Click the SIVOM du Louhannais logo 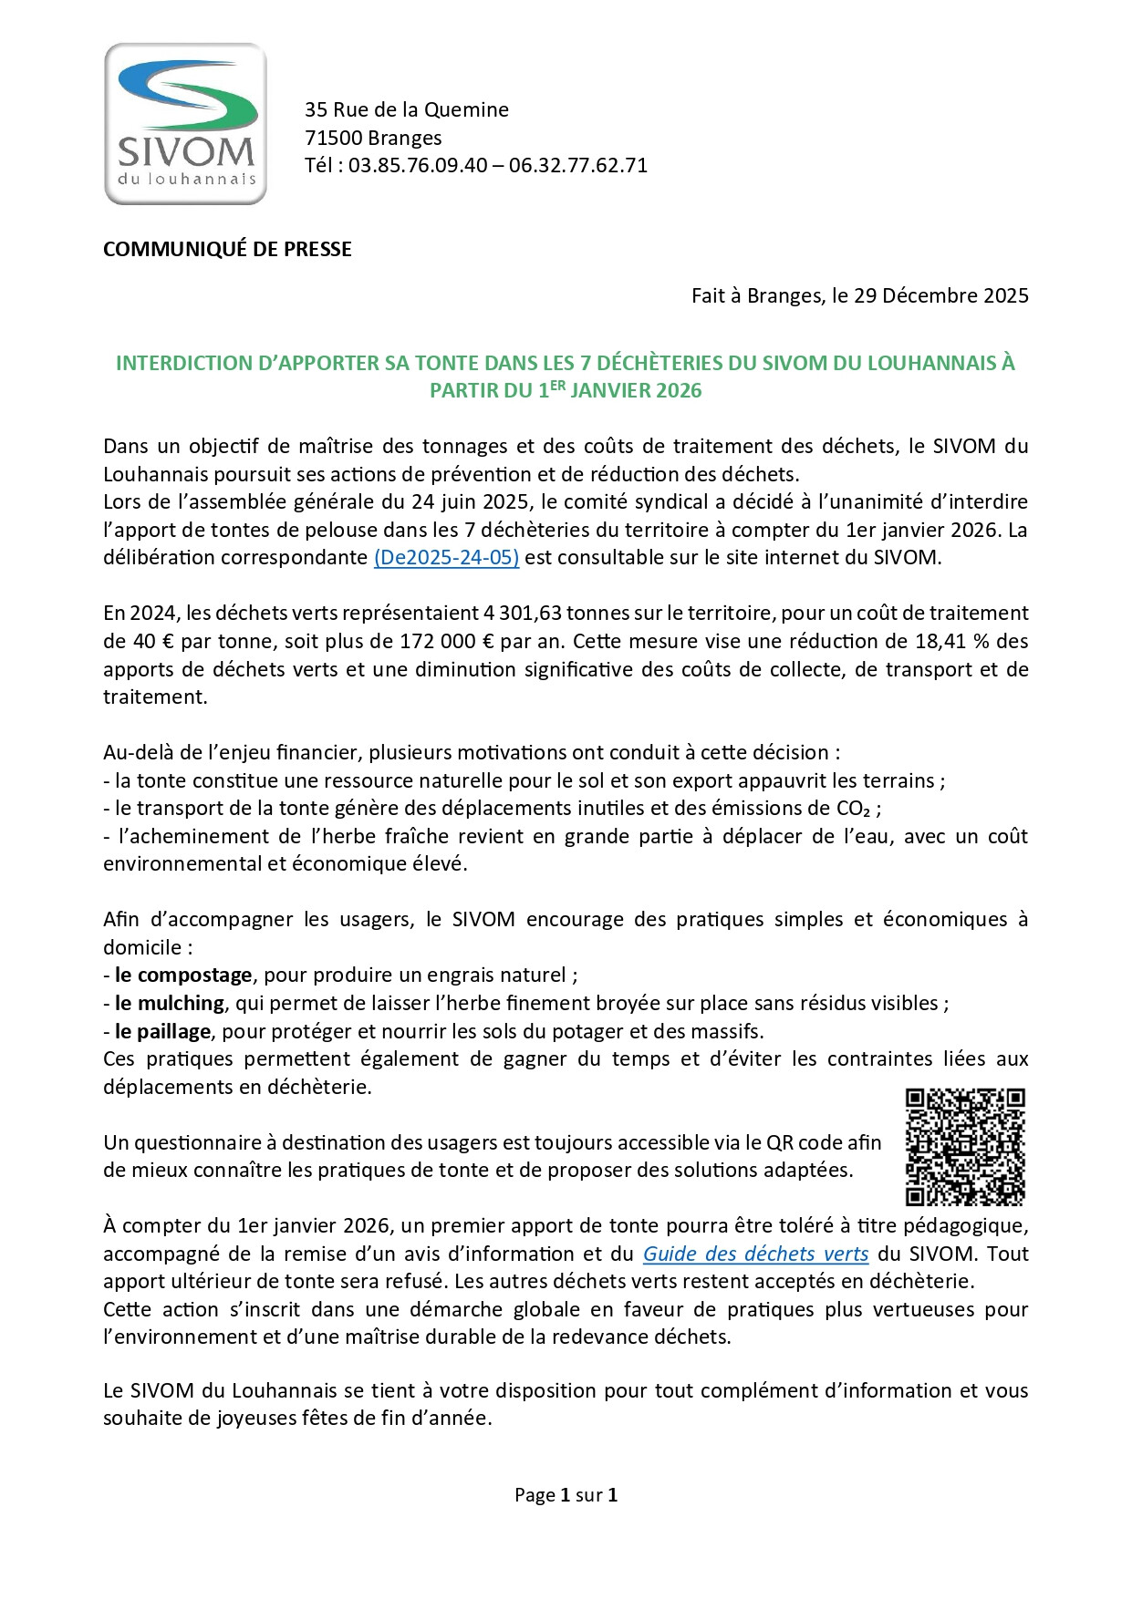186,124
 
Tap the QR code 965,1147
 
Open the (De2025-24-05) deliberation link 446,558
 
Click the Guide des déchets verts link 755,1254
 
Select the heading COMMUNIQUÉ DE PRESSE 227,249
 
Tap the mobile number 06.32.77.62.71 578,166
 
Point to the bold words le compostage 183,975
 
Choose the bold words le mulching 170,1003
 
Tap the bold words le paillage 162,1031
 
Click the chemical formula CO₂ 854,809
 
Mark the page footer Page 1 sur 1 566,1495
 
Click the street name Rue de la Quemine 421,109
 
